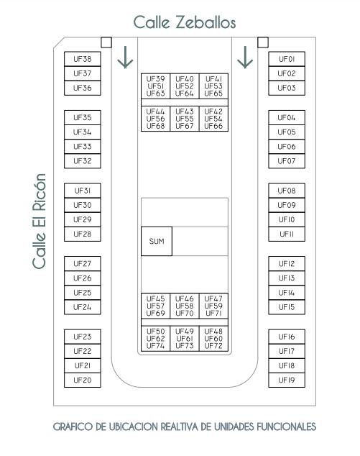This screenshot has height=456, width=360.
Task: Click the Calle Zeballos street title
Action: tap(185, 22)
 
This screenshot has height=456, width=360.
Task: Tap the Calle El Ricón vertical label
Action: tap(40, 222)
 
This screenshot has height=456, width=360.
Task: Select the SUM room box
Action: tap(157, 241)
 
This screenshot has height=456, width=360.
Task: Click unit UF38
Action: tap(83, 59)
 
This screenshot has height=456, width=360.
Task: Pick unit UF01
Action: tap(287, 59)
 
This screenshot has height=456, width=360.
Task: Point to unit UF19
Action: tap(287, 380)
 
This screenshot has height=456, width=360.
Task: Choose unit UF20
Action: tap(83, 380)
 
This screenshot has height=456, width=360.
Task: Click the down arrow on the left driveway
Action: tap(125, 58)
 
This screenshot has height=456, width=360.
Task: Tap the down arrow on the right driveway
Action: tap(245, 58)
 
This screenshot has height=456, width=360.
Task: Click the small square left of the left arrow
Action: tap(106, 42)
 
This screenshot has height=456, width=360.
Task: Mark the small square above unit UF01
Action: tap(263, 42)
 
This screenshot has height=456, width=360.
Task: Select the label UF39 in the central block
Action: tap(155, 79)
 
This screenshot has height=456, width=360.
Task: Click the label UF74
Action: tap(155, 346)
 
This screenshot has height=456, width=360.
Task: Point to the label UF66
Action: tap(213, 126)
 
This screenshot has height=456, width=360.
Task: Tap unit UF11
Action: tap(287, 234)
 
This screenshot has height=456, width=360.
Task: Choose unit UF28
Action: tap(83, 234)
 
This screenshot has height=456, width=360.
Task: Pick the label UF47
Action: tap(213, 298)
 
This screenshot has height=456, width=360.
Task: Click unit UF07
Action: tap(287, 161)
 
